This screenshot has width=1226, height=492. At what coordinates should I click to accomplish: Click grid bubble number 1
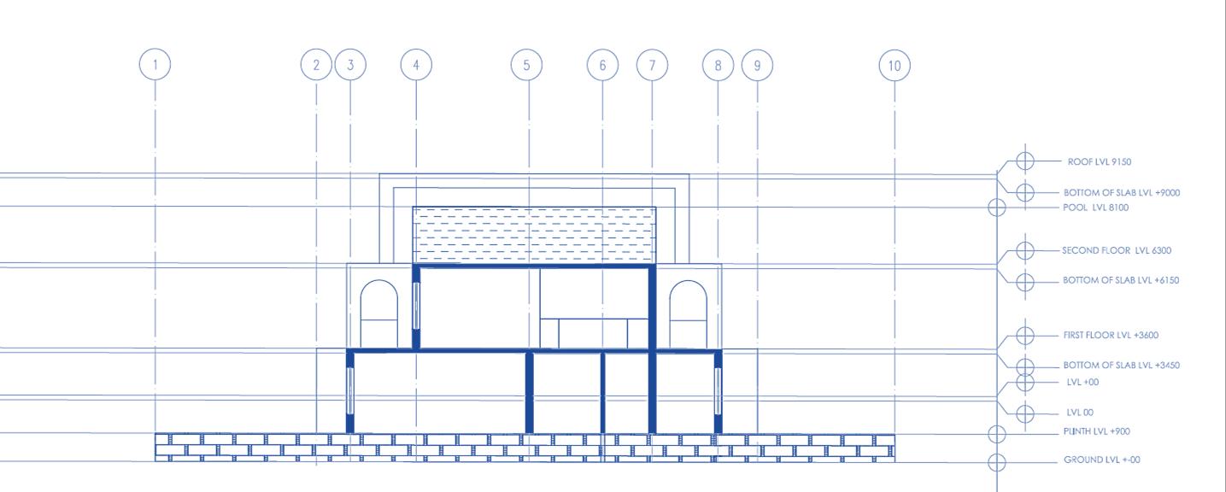pyautogui.click(x=155, y=65)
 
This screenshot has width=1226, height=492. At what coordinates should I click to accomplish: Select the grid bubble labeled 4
pyautogui.click(x=416, y=65)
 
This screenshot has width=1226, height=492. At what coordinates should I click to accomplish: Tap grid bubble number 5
pyautogui.click(x=526, y=65)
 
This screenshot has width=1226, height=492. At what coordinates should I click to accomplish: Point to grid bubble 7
pyautogui.click(x=652, y=65)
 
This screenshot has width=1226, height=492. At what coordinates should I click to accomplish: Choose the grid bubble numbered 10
pyautogui.click(x=895, y=65)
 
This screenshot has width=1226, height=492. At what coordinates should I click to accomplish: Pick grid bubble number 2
pyautogui.click(x=316, y=65)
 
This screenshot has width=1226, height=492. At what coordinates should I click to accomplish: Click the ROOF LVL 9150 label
pyautogui.click(x=1100, y=161)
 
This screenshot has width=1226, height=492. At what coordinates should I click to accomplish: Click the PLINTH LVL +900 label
pyautogui.click(x=1096, y=431)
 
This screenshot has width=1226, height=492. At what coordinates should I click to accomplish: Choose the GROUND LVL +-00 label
pyautogui.click(x=1101, y=460)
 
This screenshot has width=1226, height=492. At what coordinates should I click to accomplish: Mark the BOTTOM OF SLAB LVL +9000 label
pyautogui.click(x=1121, y=193)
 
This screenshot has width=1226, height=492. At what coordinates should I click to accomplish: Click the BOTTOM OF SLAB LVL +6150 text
pyautogui.click(x=1121, y=280)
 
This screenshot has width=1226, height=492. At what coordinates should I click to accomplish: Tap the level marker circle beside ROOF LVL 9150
pyautogui.click(x=1025, y=161)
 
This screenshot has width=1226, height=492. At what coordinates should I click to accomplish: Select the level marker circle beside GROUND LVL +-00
pyautogui.click(x=996, y=462)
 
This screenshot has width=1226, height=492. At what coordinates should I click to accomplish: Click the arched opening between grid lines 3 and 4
pyautogui.click(x=378, y=314)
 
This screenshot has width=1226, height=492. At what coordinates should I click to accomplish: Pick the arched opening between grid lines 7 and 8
pyautogui.click(x=688, y=314)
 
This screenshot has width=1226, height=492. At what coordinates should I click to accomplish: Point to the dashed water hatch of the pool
pyautogui.click(x=534, y=236)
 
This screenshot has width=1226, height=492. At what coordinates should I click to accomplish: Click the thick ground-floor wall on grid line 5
pyautogui.click(x=529, y=393)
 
